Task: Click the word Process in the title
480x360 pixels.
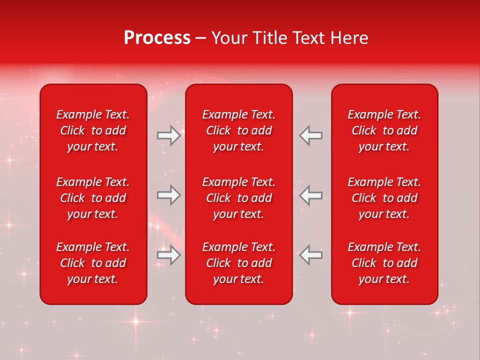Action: (x=157, y=38)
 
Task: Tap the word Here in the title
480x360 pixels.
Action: (x=349, y=38)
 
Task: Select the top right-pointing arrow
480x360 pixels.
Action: (x=168, y=135)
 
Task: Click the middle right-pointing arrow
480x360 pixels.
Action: (x=168, y=195)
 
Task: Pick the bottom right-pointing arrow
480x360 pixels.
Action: (x=168, y=255)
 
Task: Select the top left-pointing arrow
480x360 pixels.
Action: (x=311, y=135)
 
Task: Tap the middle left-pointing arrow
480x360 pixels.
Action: (x=311, y=195)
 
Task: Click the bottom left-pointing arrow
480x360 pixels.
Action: (x=311, y=255)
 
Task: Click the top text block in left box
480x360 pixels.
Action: (x=93, y=130)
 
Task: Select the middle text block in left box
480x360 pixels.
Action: (x=93, y=198)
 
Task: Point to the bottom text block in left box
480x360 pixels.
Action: (x=93, y=263)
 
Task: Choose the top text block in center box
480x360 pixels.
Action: (x=238, y=130)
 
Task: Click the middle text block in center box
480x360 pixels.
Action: (x=238, y=198)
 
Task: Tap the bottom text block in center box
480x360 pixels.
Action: (x=238, y=263)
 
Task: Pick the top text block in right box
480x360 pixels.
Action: (x=384, y=130)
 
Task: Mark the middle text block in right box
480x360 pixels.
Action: (x=384, y=198)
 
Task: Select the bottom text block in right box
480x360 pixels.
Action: (x=384, y=263)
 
